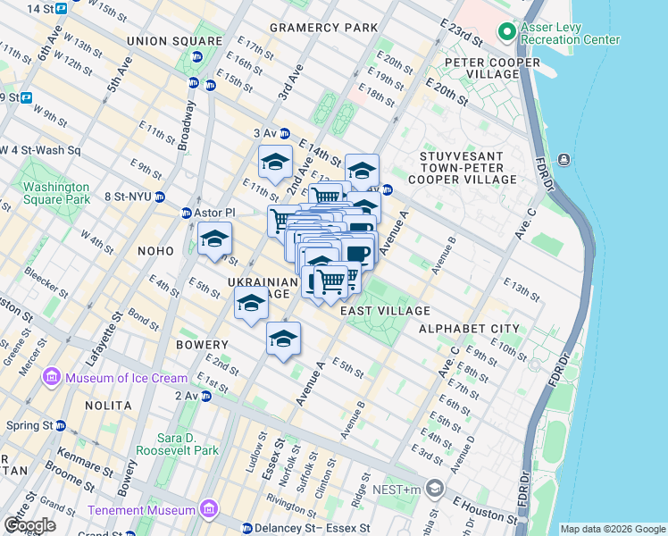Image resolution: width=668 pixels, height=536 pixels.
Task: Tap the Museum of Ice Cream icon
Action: (x=50, y=378)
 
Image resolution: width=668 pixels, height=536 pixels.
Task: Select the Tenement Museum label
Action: (x=141, y=510)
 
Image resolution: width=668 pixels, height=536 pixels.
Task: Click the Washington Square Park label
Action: (x=56, y=194)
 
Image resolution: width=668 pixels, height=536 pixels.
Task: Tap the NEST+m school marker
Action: (x=435, y=488)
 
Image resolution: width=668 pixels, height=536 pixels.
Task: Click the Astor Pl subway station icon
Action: (x=187, y=213)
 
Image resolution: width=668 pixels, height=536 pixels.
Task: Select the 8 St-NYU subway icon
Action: (x=160, y=197)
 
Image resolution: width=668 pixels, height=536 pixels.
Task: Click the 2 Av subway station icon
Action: (x=206, y=396)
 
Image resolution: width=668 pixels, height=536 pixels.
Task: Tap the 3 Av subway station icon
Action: (x=285, y=133)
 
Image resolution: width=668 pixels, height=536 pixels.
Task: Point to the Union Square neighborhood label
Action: (x=175, y=41)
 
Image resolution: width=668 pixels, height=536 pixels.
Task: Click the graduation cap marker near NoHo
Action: (x=214, y=239)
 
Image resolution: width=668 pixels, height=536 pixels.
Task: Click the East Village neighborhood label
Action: (x=386, y=310)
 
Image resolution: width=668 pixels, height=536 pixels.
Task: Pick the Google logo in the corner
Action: (x=29, y=524)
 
